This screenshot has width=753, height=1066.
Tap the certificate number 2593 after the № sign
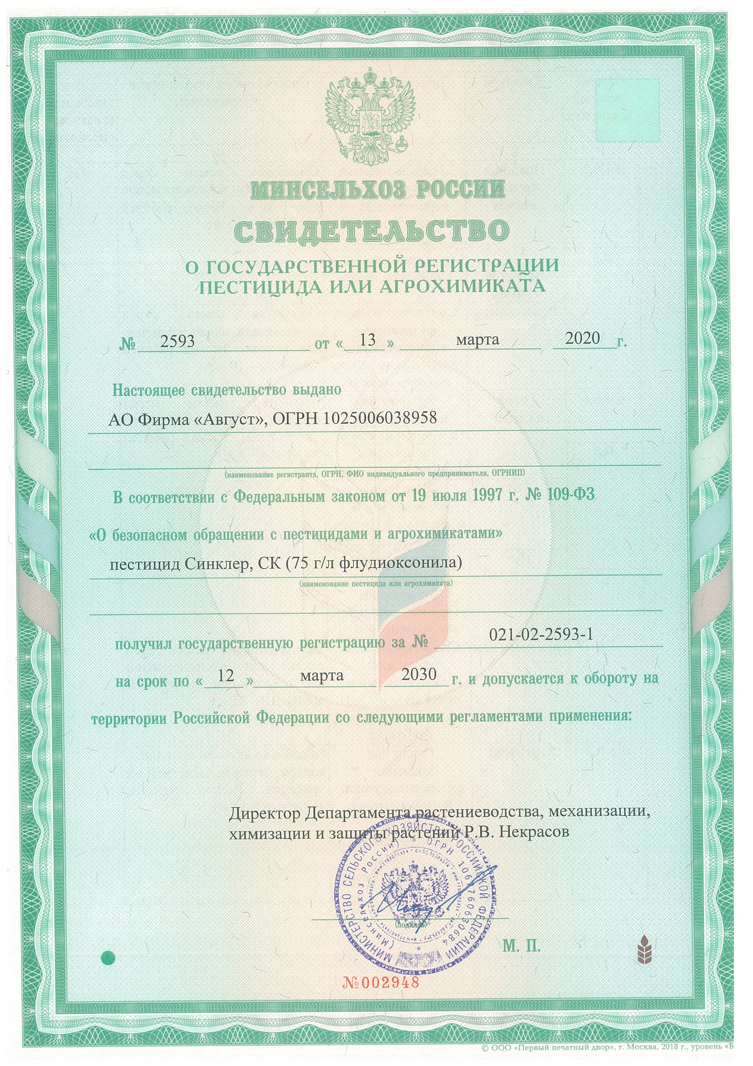coord(177,342)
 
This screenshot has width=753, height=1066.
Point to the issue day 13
coord(367,340)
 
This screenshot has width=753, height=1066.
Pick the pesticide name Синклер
coord(213,564)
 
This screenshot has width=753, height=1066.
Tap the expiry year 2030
coord(419,674)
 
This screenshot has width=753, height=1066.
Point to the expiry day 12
coord(225,676)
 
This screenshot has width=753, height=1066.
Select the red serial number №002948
coord(381,982)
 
